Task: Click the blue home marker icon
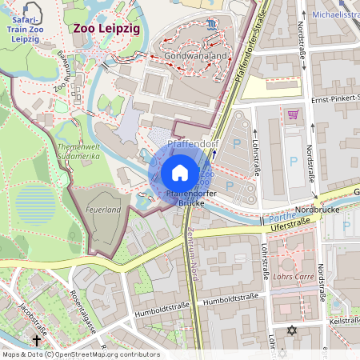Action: pyautogui.click(x=180, y=172)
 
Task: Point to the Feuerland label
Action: pyautogui.click(x=102, y=210)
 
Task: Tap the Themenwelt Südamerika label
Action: pyautogui.click(x=78, y=152)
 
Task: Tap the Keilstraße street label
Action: pyautogui.click(x=343, y=322)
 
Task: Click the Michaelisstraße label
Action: pyautogui.click(x=335, y=14)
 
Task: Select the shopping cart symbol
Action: pyautogui.click(x=293, y=114)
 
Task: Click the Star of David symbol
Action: pyautogui.click(x=291, y=330)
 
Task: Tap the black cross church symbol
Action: pyautogui.click(x=36, y=340)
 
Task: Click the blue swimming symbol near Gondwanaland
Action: pyautogui.click(x=209, y=25)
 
